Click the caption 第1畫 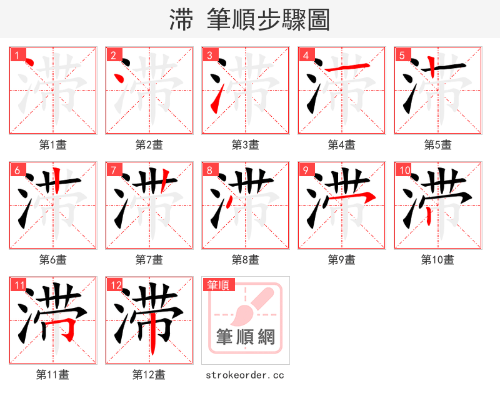pos(52,145)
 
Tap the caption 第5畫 pos(437,145)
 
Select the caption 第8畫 pos(245,259)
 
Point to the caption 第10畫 pos(437,259)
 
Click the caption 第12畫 pos(149,374)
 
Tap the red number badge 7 pos(113,170)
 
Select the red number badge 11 pos(19,285)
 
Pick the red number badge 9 pos(306,170)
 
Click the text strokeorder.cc pos(245,375)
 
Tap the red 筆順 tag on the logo pos(218,285)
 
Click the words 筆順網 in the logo pos(246,337)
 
